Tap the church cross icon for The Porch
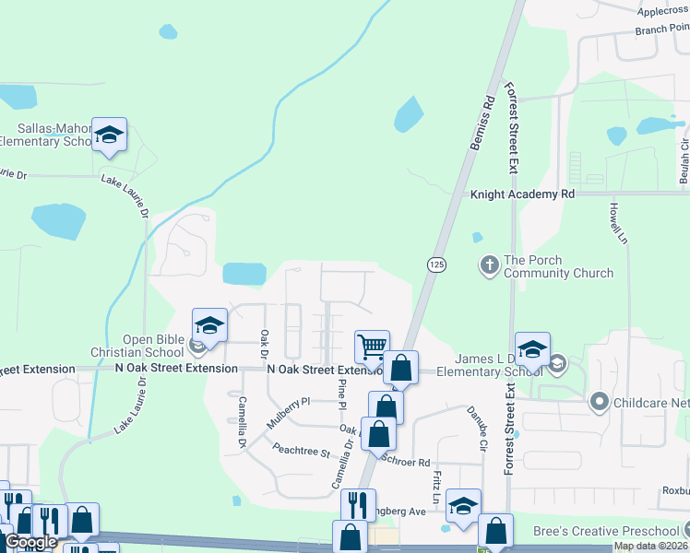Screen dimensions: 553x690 coord(489,266)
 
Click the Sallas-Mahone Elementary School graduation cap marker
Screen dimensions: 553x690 coord(109,135)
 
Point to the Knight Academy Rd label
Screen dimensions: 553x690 coord(522,194)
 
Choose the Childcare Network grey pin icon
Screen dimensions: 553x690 coord(599,402)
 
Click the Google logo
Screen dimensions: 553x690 coord(30,542)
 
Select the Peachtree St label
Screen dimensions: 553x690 coord(301,450)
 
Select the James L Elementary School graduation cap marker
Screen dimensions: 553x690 coord(532,348)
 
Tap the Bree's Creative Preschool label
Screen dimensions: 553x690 coord(605,532)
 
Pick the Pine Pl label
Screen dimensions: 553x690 coord(341,394)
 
